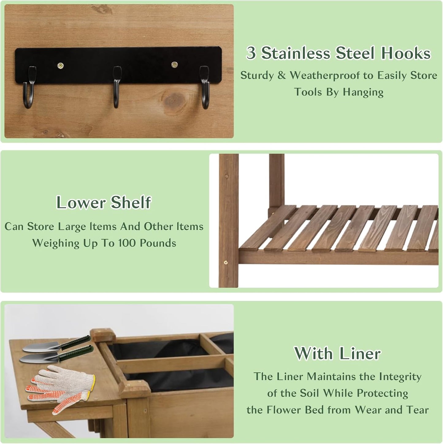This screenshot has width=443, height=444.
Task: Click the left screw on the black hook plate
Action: click(60, 65)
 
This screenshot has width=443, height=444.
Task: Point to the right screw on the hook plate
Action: click(174, 65)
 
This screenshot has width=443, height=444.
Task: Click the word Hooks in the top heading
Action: click(406, 53)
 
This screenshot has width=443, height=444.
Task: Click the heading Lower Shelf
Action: click(104, 203)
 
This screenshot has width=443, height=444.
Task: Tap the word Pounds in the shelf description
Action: click(158, 243)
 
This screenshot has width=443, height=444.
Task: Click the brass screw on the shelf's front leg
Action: click(226, 262)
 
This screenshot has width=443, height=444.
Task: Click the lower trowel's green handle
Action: click(77, 353)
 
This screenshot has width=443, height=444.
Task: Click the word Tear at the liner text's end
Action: click(417, 410)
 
